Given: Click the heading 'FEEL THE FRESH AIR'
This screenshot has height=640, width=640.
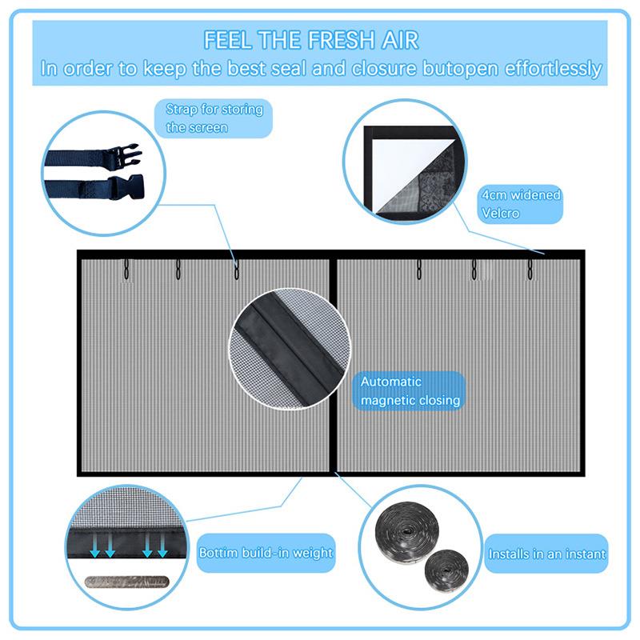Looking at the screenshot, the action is (x=311, y=40).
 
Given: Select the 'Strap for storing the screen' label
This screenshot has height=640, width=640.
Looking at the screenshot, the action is (x=214, y=118).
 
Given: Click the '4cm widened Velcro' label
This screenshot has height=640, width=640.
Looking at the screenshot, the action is (x=521, y=204).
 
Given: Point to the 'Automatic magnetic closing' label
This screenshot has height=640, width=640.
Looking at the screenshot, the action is (x=410, y=390).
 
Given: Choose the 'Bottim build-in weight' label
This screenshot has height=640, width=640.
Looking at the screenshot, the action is (x=266, y=553).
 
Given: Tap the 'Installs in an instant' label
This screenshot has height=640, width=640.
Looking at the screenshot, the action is (x=546, y=554).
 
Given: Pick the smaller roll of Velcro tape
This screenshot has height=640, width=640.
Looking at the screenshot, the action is (x=446, y=570).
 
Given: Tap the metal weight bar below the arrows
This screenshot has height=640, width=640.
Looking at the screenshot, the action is (x=126, y=582).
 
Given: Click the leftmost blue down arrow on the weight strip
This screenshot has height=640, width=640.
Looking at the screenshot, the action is (x=95, y=546).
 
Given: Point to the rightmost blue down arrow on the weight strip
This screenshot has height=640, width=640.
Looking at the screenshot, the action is (x=162, y=546).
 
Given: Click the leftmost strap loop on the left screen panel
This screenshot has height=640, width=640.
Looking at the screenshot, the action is (x=126, y=269).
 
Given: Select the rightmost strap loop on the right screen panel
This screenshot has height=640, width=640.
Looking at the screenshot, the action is (x=530, y=269).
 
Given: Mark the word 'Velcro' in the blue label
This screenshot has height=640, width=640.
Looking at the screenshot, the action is (x=500, y=213).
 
